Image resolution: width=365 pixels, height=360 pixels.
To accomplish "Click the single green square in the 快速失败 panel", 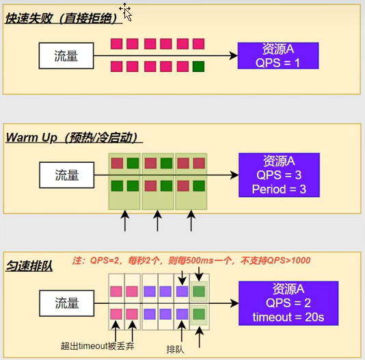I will (x=198, y=66).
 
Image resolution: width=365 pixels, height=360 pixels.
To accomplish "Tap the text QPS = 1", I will (x=278, y=62).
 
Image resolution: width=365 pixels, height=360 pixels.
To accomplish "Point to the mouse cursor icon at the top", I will (x=126, y=10).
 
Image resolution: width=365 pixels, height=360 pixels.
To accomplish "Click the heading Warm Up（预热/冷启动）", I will (x=73, y=137).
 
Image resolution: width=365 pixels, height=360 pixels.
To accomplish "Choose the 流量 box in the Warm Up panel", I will (x=66, y=175).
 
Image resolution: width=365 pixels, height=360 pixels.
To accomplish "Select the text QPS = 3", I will (x=279, y=175).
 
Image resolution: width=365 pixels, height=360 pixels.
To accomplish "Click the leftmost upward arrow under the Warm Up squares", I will (x=125, y=221).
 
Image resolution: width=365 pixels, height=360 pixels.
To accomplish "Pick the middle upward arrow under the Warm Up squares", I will (x=158, y=221).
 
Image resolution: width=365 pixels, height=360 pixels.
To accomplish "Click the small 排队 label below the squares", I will (x=176, y=346).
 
